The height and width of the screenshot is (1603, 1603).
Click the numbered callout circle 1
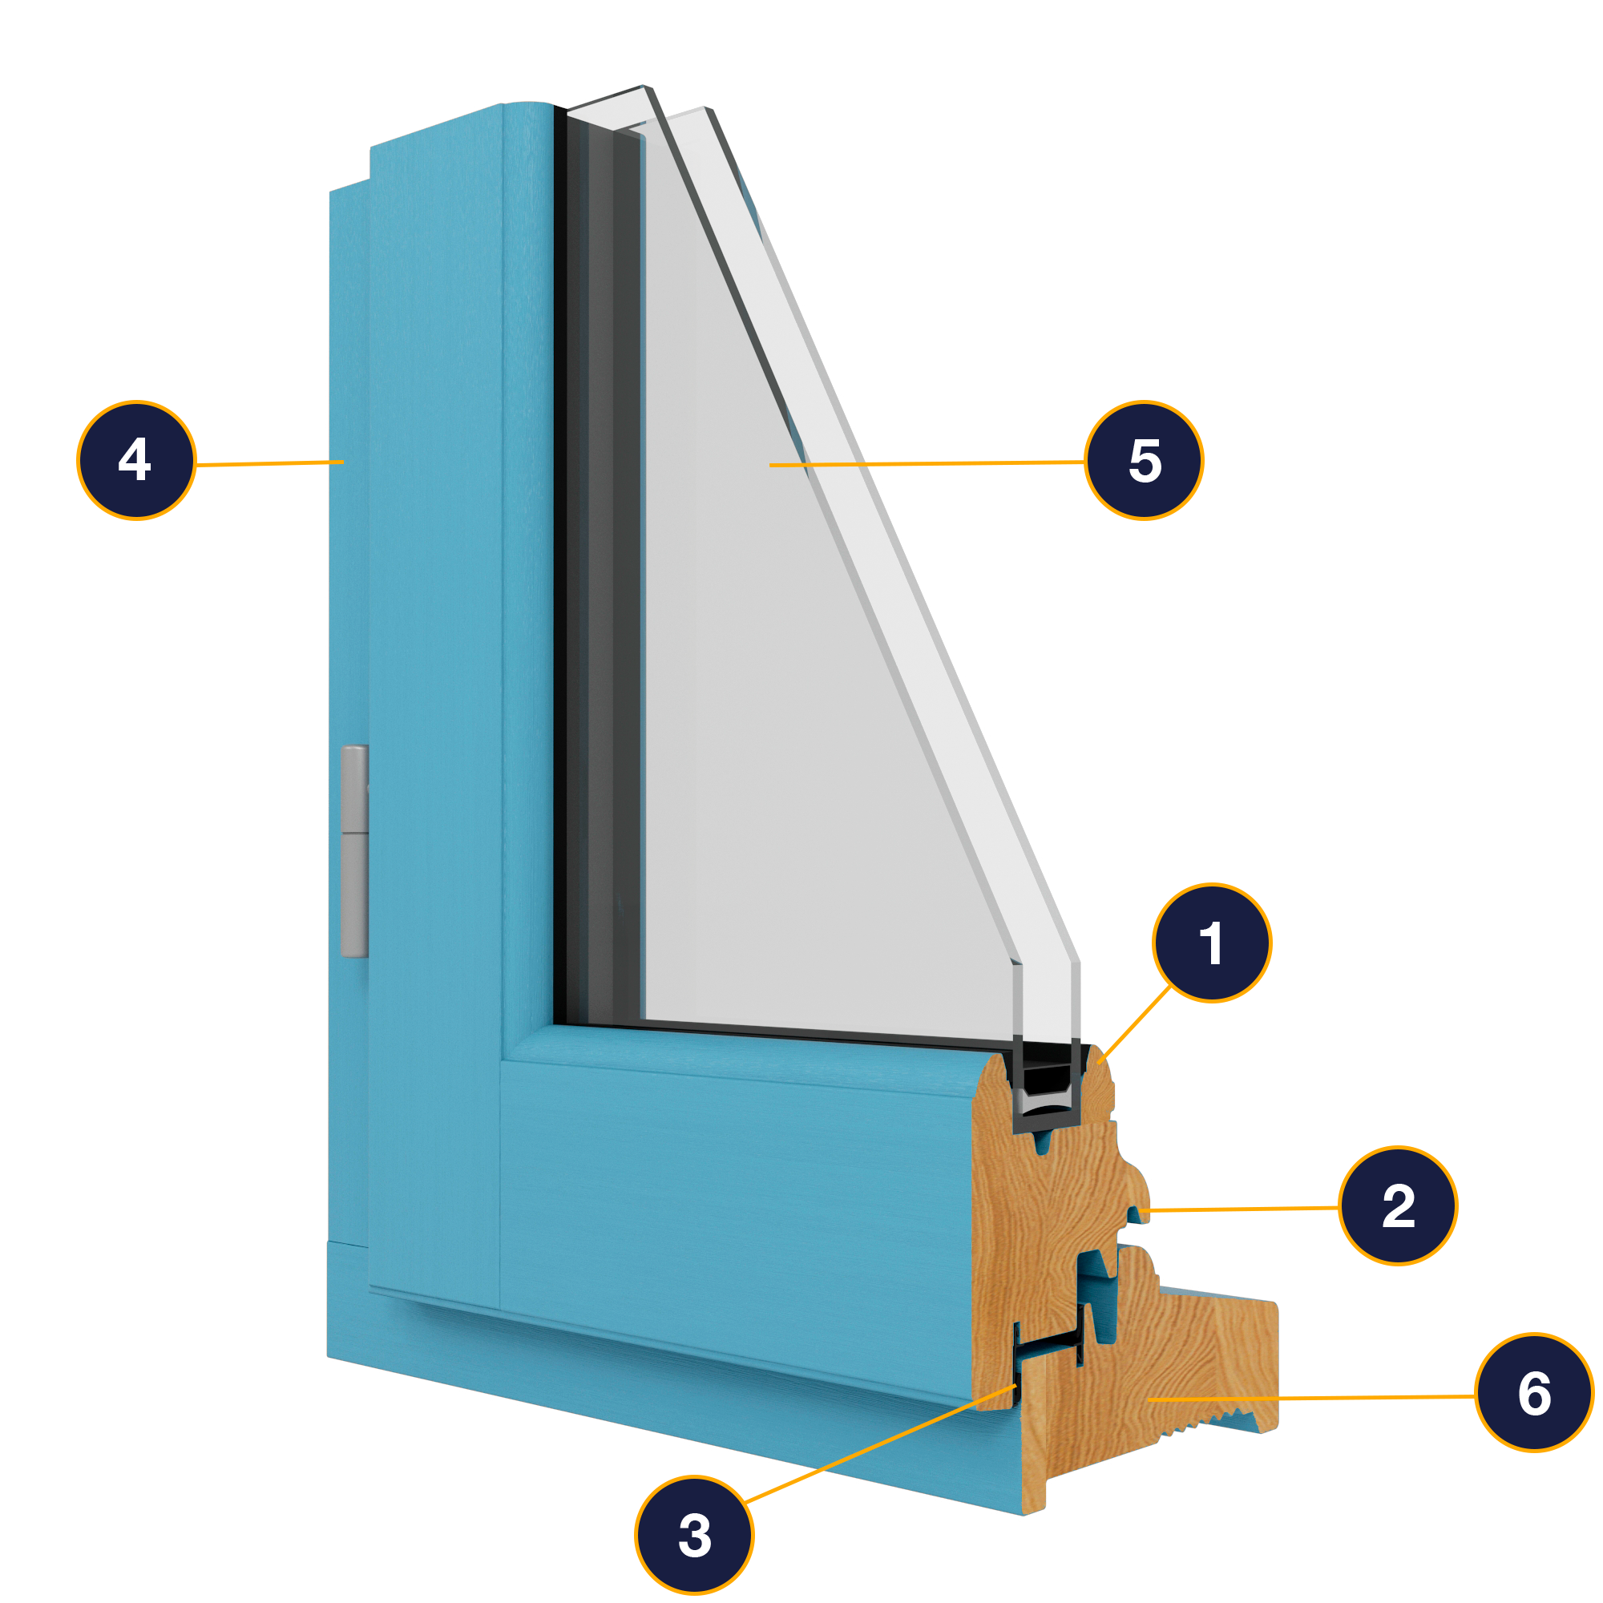(1211, 943)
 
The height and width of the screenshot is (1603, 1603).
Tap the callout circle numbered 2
(1398, 1205)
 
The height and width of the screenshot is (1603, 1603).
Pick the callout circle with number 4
(137, 461)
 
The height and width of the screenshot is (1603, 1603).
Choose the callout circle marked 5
(1145, 461)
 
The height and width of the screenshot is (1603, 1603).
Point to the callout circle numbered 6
(1535, 1393)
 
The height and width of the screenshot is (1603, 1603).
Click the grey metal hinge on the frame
(354, 851)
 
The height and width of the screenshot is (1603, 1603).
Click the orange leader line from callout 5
(927, 464)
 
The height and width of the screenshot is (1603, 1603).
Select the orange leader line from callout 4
(269, 463)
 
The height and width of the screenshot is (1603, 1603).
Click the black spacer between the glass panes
(1045, 1080)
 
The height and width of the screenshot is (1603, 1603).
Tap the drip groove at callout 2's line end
(1134, 1213)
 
